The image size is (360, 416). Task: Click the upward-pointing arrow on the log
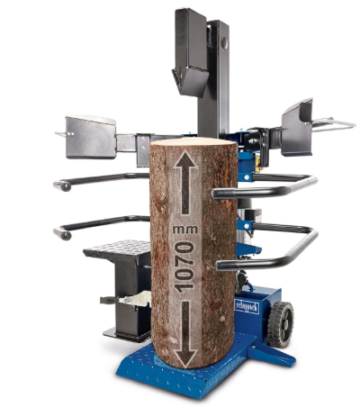(185, 182)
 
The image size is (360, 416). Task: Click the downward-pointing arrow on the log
(186, 335)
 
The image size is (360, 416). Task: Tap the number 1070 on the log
(184, 267)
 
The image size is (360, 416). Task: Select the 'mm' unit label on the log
(185, 230)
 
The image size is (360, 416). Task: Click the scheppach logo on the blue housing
(247, 307)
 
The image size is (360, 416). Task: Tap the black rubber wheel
(281, 324)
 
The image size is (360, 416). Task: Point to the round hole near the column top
(224, 43)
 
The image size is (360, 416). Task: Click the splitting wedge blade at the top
(190, 79)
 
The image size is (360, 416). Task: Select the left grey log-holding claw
(91, 137)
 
